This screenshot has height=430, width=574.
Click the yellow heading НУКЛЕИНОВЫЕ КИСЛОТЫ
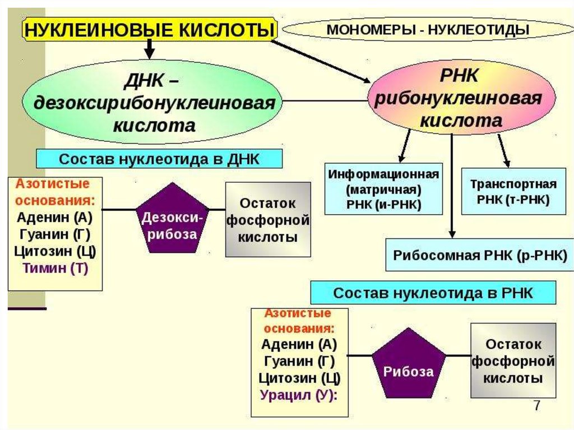(x=149, y=29)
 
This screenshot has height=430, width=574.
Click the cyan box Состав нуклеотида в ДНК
(x=159, y=158)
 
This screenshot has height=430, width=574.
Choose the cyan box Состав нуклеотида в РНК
(x=433, y=293)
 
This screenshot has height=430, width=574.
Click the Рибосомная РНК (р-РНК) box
(x=480, y=254)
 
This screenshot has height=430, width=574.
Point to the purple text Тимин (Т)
(x=55, y=268)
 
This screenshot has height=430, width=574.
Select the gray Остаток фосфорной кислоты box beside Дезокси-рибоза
(x=268, y=219)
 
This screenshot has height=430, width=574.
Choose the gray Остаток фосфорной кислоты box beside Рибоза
(x=513, y=360)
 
